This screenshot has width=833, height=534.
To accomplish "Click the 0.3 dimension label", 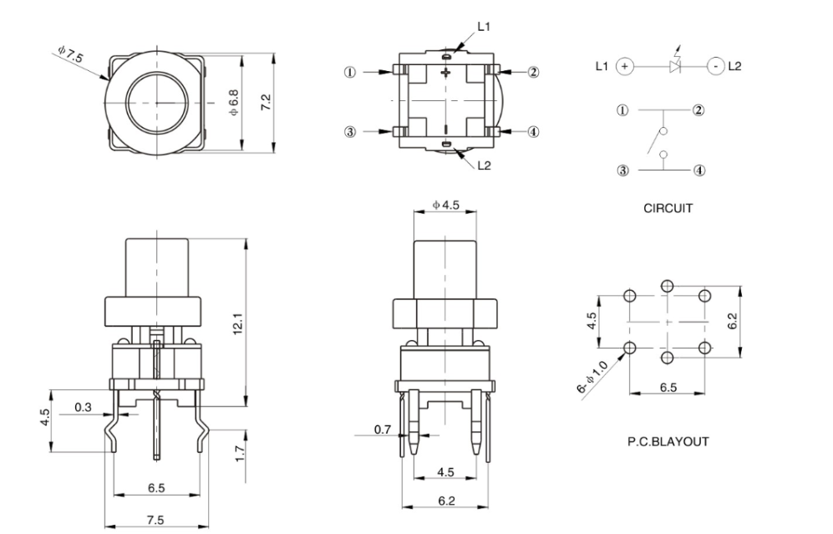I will [83, 407].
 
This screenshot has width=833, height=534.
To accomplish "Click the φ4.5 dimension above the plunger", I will [445, 206].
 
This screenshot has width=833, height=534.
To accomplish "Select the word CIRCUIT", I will [668, 209].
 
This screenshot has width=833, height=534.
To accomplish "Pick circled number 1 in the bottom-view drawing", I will [352, 72].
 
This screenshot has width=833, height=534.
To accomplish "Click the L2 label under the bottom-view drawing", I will [485, 165].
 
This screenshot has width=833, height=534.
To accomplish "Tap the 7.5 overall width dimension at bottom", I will [155, 520].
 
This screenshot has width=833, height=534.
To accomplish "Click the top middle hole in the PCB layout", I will [667, 286].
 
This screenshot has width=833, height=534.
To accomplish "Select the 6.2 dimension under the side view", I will [446, 501].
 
